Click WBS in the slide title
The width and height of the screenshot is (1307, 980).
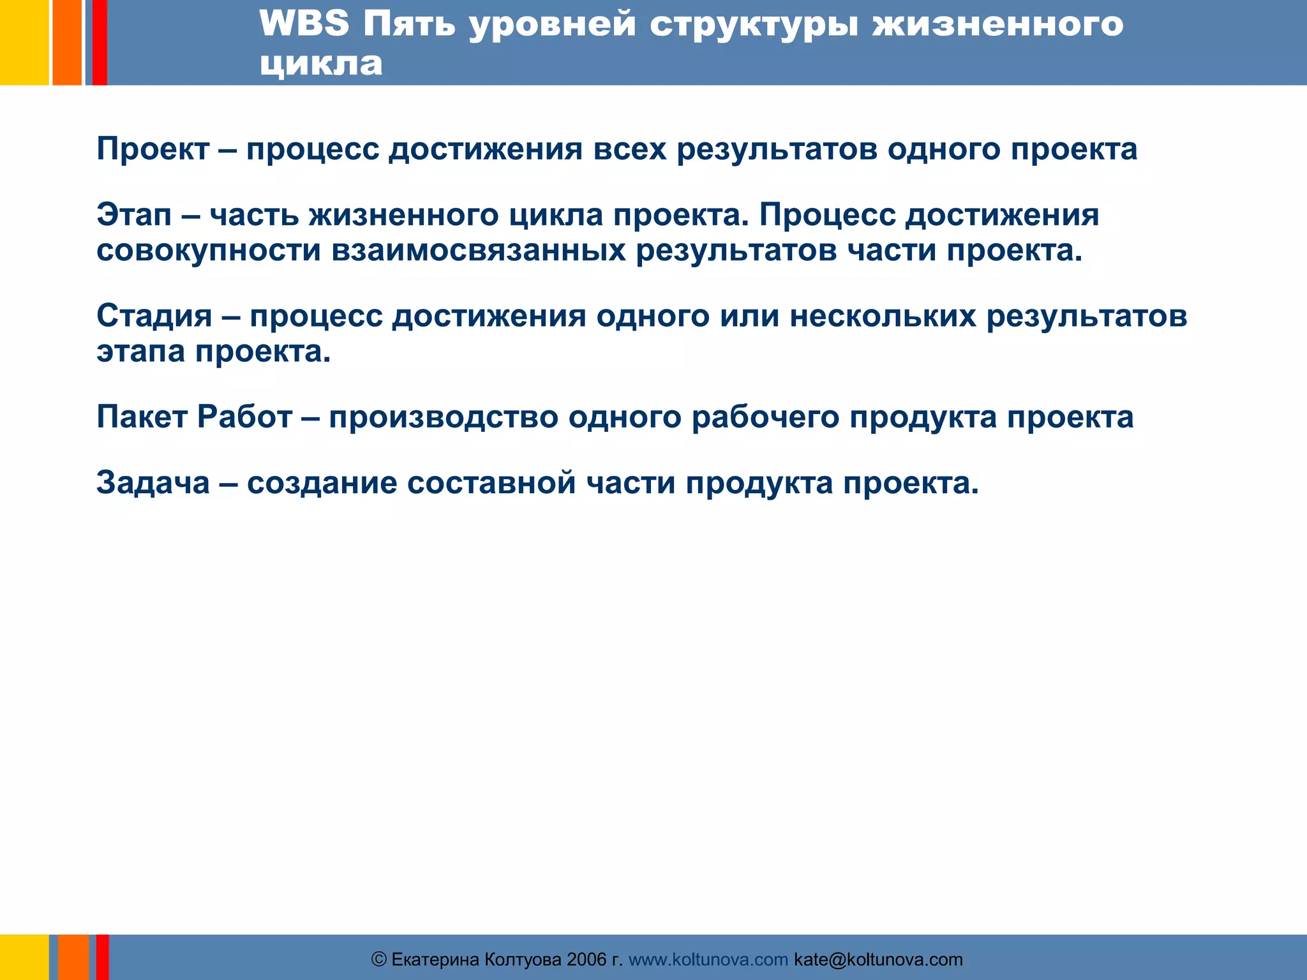click(x=304, y=24)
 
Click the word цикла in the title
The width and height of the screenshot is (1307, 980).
click(x=321, y=64)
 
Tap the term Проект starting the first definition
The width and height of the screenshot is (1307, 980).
click(x=153, y=149)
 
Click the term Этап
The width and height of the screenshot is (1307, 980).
click(x=134, y=214)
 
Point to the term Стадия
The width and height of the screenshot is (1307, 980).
click(x=154, y=316)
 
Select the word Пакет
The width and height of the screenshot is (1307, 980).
click(x=142, y=417)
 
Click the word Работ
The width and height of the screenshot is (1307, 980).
click(x=244, y=417)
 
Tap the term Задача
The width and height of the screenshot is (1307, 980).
click(x=153, y=482)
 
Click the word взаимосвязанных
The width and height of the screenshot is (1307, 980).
click(x=478, y=250)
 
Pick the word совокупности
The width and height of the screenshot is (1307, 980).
click(x=208, y=250)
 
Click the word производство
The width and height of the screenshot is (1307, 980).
click(x=444, y=417)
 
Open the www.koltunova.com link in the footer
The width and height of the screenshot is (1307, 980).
click(x=708, y=960)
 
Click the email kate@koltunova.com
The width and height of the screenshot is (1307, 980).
click(x=878, y=960)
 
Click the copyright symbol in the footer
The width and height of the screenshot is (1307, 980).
click(x=379, y=960)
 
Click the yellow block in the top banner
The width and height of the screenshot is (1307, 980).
click(x=24, y=42)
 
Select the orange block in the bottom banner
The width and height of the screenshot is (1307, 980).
click(x=73, y=957)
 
